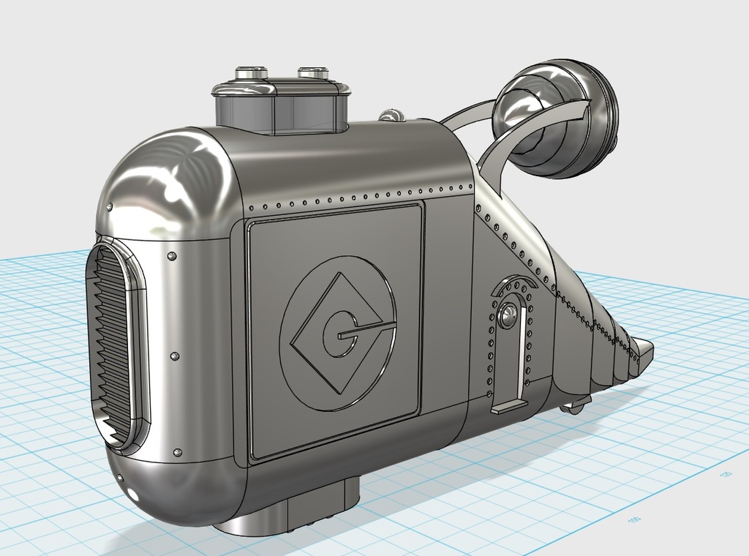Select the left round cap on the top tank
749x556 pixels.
(x=251, y=73)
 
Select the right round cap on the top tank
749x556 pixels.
(x=313, y=73)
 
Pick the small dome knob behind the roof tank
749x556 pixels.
(x=391, y=116)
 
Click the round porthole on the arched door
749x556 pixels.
(x=506, y=316)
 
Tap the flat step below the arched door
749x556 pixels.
(x=510, y=406)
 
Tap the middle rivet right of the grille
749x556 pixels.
(x=174, y=356)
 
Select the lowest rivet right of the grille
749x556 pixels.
(x=177, y=453)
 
